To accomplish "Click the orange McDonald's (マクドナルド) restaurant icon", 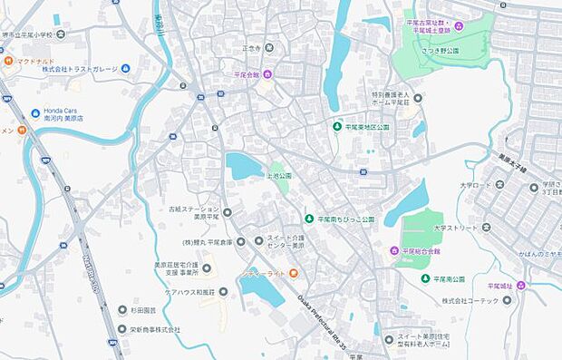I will coord(8,61).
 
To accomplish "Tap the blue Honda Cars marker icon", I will coord(35,112).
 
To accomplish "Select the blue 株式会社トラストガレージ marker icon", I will coord(125,68).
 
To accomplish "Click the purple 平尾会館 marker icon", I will coord(267,74).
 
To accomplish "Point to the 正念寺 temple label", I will coord(251,48).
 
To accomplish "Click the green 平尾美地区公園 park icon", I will coord(337,127).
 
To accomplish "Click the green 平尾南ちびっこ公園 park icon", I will coord(308,219).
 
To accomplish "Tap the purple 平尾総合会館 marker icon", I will coord(394,250).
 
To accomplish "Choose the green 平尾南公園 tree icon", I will coord(425,278).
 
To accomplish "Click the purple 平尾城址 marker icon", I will coord(520,286).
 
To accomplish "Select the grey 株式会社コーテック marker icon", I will coord(507,300).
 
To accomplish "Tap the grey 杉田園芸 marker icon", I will coord(122,309).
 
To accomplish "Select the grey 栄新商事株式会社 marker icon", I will coord(122,329).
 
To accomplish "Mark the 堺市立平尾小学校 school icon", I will coord(61,34).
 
